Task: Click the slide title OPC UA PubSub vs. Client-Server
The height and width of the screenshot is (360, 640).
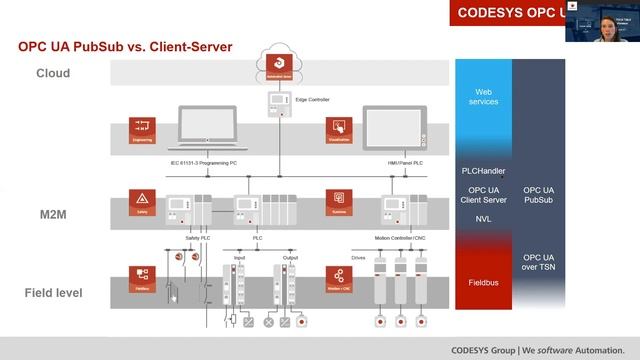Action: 125,46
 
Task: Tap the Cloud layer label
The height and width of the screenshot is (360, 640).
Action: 53,73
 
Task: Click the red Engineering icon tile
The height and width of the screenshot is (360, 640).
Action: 141,130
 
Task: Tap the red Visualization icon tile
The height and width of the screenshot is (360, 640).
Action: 339,130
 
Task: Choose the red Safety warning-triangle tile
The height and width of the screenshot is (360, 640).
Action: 141,201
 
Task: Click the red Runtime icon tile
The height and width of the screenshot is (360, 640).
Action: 339,201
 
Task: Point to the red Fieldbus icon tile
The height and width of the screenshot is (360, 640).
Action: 141,277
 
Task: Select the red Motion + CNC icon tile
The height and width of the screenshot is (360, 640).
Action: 339,277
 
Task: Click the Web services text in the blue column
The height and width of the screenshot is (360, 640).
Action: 483,95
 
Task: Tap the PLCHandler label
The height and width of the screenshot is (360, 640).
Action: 483,171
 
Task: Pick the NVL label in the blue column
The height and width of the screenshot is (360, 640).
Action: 483,218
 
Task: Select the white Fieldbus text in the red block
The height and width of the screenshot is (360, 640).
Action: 483,283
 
